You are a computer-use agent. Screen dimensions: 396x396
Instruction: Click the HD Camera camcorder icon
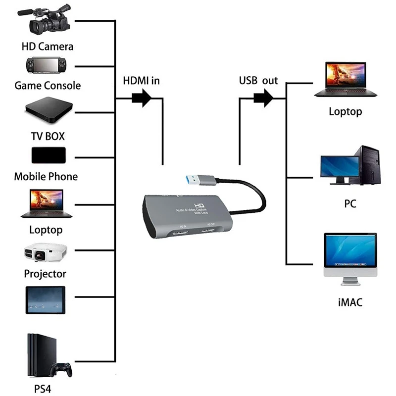coord(48,21)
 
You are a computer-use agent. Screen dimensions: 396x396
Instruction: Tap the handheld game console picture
coord(47,65)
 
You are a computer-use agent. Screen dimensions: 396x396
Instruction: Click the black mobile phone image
coord(48,155)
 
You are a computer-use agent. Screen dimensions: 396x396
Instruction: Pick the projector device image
coord(45,253)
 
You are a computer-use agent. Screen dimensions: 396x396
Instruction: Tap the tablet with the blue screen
coord(46,300)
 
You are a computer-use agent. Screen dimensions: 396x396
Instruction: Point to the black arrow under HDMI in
coord(142,98)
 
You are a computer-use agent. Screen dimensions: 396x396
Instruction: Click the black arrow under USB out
coord(263,98)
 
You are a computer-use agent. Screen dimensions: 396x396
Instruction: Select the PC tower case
coord(369,165)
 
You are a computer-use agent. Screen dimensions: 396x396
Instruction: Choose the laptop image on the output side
coord(346,79)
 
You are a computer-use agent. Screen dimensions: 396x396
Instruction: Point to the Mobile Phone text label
coord(46,177)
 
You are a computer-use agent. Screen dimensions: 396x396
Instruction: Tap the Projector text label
coord(45,274)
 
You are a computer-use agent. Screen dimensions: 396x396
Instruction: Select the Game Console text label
coord(48,86)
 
